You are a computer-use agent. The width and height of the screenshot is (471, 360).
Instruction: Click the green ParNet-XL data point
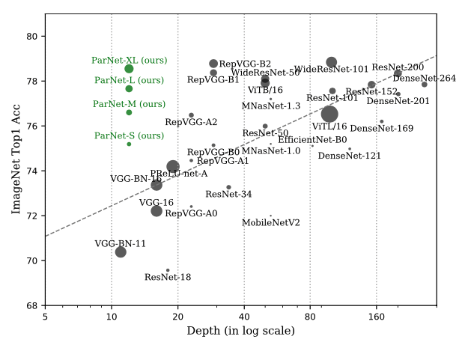129,69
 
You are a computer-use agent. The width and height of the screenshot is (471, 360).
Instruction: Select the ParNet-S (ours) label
129,135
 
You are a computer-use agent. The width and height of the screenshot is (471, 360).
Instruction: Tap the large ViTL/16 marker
329,114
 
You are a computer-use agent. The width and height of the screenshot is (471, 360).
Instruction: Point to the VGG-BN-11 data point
121,252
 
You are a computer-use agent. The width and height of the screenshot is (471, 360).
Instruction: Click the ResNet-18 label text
168,277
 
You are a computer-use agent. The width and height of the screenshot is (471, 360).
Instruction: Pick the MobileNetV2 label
270,223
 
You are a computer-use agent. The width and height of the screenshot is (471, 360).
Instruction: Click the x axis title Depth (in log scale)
240,331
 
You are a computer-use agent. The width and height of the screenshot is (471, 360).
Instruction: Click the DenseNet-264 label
424,78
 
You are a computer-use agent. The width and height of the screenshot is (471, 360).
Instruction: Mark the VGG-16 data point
157,211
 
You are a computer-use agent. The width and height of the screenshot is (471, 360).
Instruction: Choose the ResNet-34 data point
228,187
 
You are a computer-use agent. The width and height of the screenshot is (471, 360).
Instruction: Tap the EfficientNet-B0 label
312,140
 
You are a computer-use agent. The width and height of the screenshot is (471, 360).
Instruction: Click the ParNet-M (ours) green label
129,104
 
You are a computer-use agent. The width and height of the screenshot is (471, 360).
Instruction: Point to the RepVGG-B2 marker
213,64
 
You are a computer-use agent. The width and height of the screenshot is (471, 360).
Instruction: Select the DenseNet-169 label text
381,129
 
